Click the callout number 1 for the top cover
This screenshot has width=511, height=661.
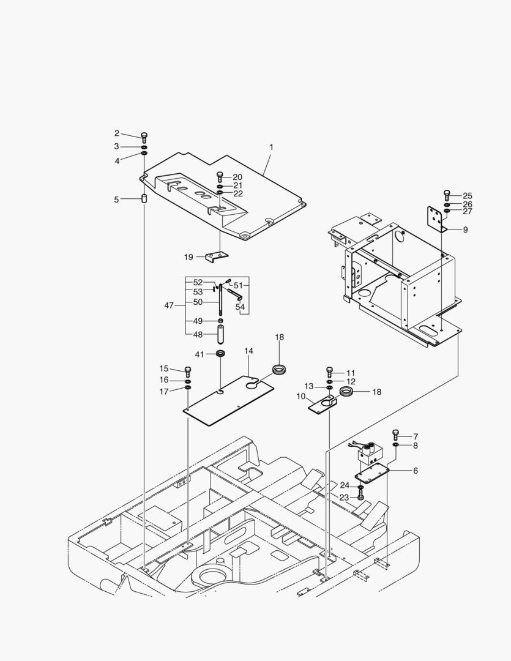[271, 147]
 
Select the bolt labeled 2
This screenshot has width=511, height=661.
[144, 136]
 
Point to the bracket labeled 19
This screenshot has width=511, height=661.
[216, 256]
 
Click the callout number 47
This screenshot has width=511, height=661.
[169, 304]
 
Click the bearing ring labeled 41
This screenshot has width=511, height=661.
[220, 354]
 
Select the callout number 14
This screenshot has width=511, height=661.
[248, 351]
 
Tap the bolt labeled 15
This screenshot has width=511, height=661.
[188, 370]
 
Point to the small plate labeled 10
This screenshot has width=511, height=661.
[322, 405]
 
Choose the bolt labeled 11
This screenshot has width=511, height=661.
[329, 372]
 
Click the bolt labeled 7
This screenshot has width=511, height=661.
[395, 435]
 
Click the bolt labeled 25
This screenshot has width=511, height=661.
[447, 195]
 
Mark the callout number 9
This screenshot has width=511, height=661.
[464, 230]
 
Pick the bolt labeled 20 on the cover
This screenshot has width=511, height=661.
[220, 177]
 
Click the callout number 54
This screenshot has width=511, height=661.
[240, 306]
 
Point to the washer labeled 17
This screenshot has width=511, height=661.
[188, 387]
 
